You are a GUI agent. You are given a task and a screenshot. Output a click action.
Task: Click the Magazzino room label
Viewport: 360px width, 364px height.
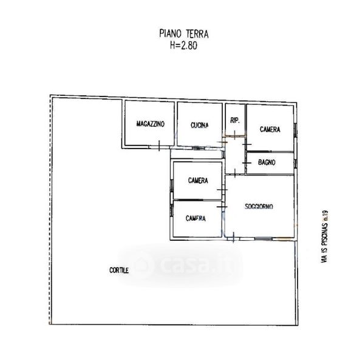[151, 124]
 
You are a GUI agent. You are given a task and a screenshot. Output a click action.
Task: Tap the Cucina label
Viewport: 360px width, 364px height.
[200, 126]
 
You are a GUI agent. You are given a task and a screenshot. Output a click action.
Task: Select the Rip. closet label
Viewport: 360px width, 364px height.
[235, 120]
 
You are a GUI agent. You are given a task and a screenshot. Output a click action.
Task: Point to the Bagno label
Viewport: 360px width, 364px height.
[267, 162]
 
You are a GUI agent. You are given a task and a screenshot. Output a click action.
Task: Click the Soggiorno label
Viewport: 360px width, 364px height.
[259, 206]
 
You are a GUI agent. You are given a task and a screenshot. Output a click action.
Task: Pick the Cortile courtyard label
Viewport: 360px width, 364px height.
[119, 270]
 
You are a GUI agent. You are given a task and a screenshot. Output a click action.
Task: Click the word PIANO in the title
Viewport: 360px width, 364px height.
[170, 33]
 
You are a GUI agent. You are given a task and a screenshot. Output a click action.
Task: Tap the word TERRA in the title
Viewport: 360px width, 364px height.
[197, 34]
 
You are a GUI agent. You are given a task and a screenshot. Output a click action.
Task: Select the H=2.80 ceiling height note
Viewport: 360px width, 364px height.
[183, 45]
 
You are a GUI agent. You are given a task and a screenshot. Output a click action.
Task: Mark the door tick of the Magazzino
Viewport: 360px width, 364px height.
[159, 146]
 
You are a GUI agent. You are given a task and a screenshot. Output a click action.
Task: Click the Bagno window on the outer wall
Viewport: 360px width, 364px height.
[296, 163]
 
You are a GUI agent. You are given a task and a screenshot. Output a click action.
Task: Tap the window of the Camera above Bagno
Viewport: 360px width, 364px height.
[296, 130]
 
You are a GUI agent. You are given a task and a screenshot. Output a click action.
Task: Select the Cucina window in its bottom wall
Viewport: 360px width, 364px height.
[198, 148]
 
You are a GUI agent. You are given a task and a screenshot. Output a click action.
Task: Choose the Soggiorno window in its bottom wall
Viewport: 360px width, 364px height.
[263, 238]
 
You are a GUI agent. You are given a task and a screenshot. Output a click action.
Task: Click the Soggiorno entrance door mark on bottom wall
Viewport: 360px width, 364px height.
[233, 237]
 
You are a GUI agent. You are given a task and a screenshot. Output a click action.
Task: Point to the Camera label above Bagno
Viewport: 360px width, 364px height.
[270, 129]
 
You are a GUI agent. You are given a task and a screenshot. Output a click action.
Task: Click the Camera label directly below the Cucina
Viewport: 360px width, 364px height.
[198, 180]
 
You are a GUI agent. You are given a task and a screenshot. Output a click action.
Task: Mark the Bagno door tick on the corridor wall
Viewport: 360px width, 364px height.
[246, 163]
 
